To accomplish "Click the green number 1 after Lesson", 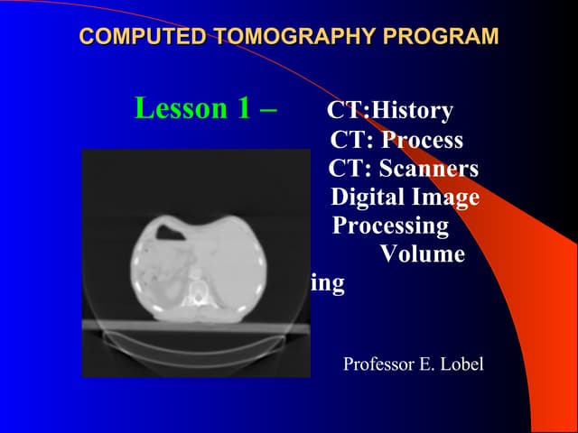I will (242, 108).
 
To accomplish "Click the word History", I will (413, 111).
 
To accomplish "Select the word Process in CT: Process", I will (422, 141).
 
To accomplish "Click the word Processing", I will (391, 225).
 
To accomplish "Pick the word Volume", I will (423, 253).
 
